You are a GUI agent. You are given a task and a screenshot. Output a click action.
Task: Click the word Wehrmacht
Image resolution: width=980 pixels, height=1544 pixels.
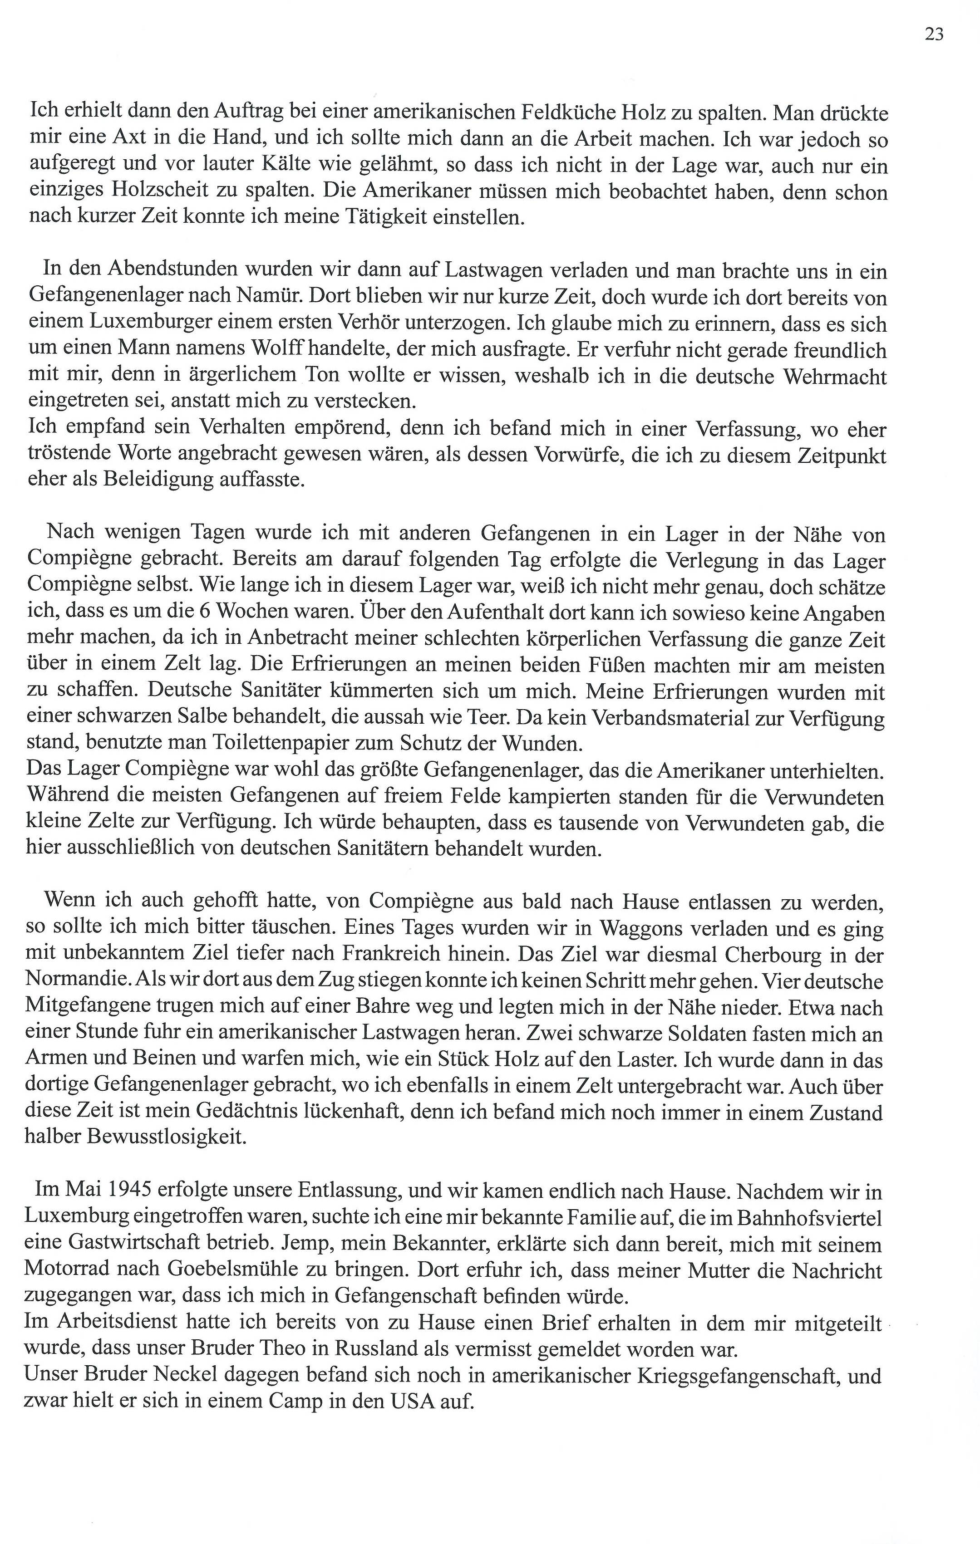(x=835, y=377)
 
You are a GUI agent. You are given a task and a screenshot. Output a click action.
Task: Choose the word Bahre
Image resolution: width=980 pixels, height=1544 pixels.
(x=382, y=1009)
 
